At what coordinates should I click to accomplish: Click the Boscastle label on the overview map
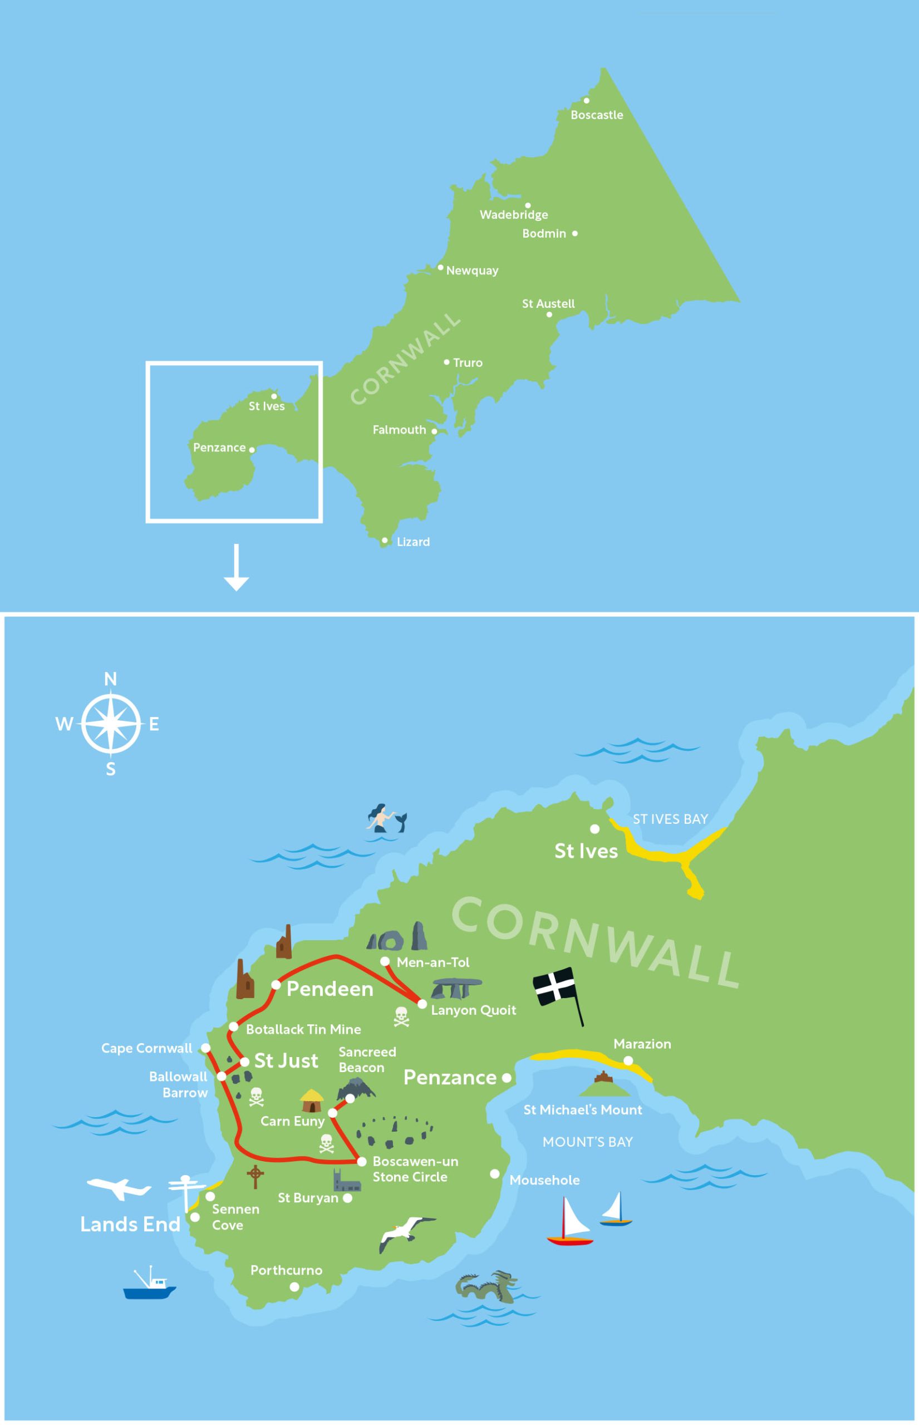596,115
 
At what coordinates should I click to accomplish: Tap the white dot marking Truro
446,362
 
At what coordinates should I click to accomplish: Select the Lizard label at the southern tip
413,542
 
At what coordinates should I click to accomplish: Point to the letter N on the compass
110,679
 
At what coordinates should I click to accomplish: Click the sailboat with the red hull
569,1222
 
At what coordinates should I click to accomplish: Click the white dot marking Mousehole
495,1174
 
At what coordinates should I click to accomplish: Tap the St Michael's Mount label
582,1110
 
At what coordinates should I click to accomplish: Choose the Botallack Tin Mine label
303,1029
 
